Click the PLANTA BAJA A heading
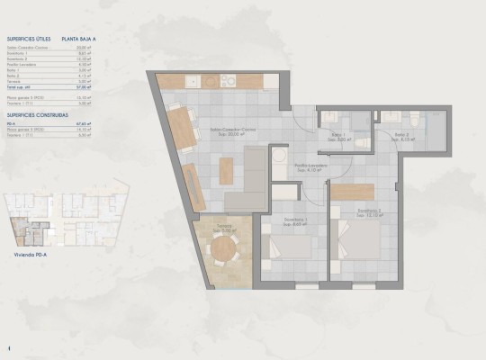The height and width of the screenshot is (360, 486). coord(80,40)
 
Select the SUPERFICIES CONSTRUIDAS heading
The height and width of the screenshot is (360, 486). coord(37,116)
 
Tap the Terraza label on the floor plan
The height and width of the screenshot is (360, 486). coord(223,227)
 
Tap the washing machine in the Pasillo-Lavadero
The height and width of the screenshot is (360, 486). coord(286,193)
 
